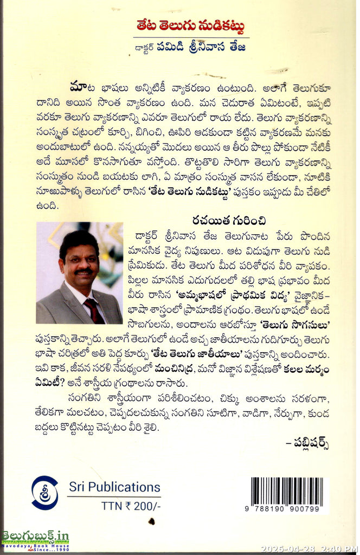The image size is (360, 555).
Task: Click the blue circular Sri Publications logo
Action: pyautogui.click(x=45, y=492)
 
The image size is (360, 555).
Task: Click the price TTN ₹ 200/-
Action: pyautogui.click(x=130, y=505)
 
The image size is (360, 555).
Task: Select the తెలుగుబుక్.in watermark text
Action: pyautogui.click(x=36, y=537)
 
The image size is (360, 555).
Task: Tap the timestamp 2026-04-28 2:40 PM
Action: pyautogui.click(x=309, y=548)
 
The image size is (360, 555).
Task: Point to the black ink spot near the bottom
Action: pyautogui.click(x=152, y=521)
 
